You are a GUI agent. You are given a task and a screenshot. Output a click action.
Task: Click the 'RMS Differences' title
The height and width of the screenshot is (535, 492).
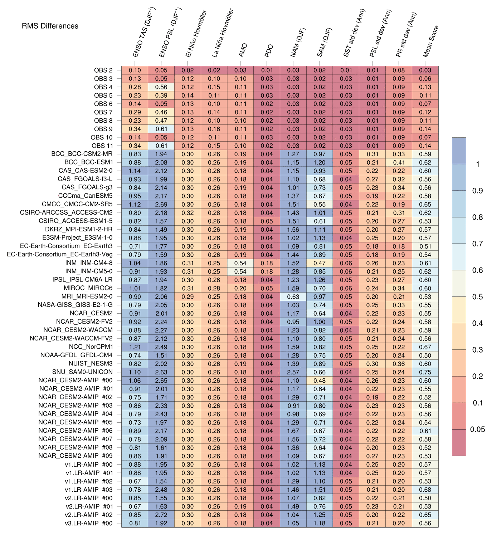pos(50,26)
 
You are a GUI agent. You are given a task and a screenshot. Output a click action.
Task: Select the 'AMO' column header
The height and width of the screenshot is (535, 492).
pos(243,50)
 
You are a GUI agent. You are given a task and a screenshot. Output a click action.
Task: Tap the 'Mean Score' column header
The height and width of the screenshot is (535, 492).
pos(430,41)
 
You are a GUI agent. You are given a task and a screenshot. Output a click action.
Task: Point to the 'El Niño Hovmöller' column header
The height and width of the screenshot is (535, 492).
pos(196,34)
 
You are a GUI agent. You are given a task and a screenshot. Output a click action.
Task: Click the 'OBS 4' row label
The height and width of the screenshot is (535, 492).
pos(103,87)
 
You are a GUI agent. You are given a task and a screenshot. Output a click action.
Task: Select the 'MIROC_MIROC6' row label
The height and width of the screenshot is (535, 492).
pos(88,288)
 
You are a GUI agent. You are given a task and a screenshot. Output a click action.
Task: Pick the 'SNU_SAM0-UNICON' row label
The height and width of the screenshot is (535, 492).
pos(83,372)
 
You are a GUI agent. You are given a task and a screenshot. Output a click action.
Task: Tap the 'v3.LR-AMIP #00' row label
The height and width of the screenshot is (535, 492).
pos(89,523)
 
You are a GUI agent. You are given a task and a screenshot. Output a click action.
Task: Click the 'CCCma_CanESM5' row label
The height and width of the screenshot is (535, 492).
pos(86,196)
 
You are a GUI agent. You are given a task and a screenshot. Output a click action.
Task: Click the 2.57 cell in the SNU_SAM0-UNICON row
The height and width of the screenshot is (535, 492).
pos(293,372)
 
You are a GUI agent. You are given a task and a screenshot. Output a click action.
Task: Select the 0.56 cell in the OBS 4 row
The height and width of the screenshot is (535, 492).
pos(161,87)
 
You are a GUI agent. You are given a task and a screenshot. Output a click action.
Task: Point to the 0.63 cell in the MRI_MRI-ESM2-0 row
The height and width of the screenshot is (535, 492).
pos(293,296)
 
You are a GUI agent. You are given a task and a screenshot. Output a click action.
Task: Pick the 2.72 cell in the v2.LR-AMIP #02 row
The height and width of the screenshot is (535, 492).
pos(161,515)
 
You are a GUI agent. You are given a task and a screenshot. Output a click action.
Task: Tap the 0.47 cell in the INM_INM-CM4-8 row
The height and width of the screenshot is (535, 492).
pos(320,263)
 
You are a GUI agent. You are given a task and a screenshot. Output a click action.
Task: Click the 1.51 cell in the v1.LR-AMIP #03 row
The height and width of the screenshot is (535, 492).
pos(320,489)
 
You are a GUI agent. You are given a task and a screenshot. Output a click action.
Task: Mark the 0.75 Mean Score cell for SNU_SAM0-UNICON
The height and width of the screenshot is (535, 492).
pos(425,372)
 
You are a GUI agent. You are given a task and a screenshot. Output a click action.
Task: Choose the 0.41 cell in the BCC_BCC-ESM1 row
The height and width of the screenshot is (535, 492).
pos(399,162)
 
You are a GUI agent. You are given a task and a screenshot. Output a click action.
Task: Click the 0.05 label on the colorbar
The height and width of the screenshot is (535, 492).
pos(477,429)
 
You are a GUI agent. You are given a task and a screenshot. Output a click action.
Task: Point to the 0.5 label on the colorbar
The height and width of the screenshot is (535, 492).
pos(477,296)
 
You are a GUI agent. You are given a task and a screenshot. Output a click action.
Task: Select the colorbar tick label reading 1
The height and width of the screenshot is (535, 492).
pos(478,164)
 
